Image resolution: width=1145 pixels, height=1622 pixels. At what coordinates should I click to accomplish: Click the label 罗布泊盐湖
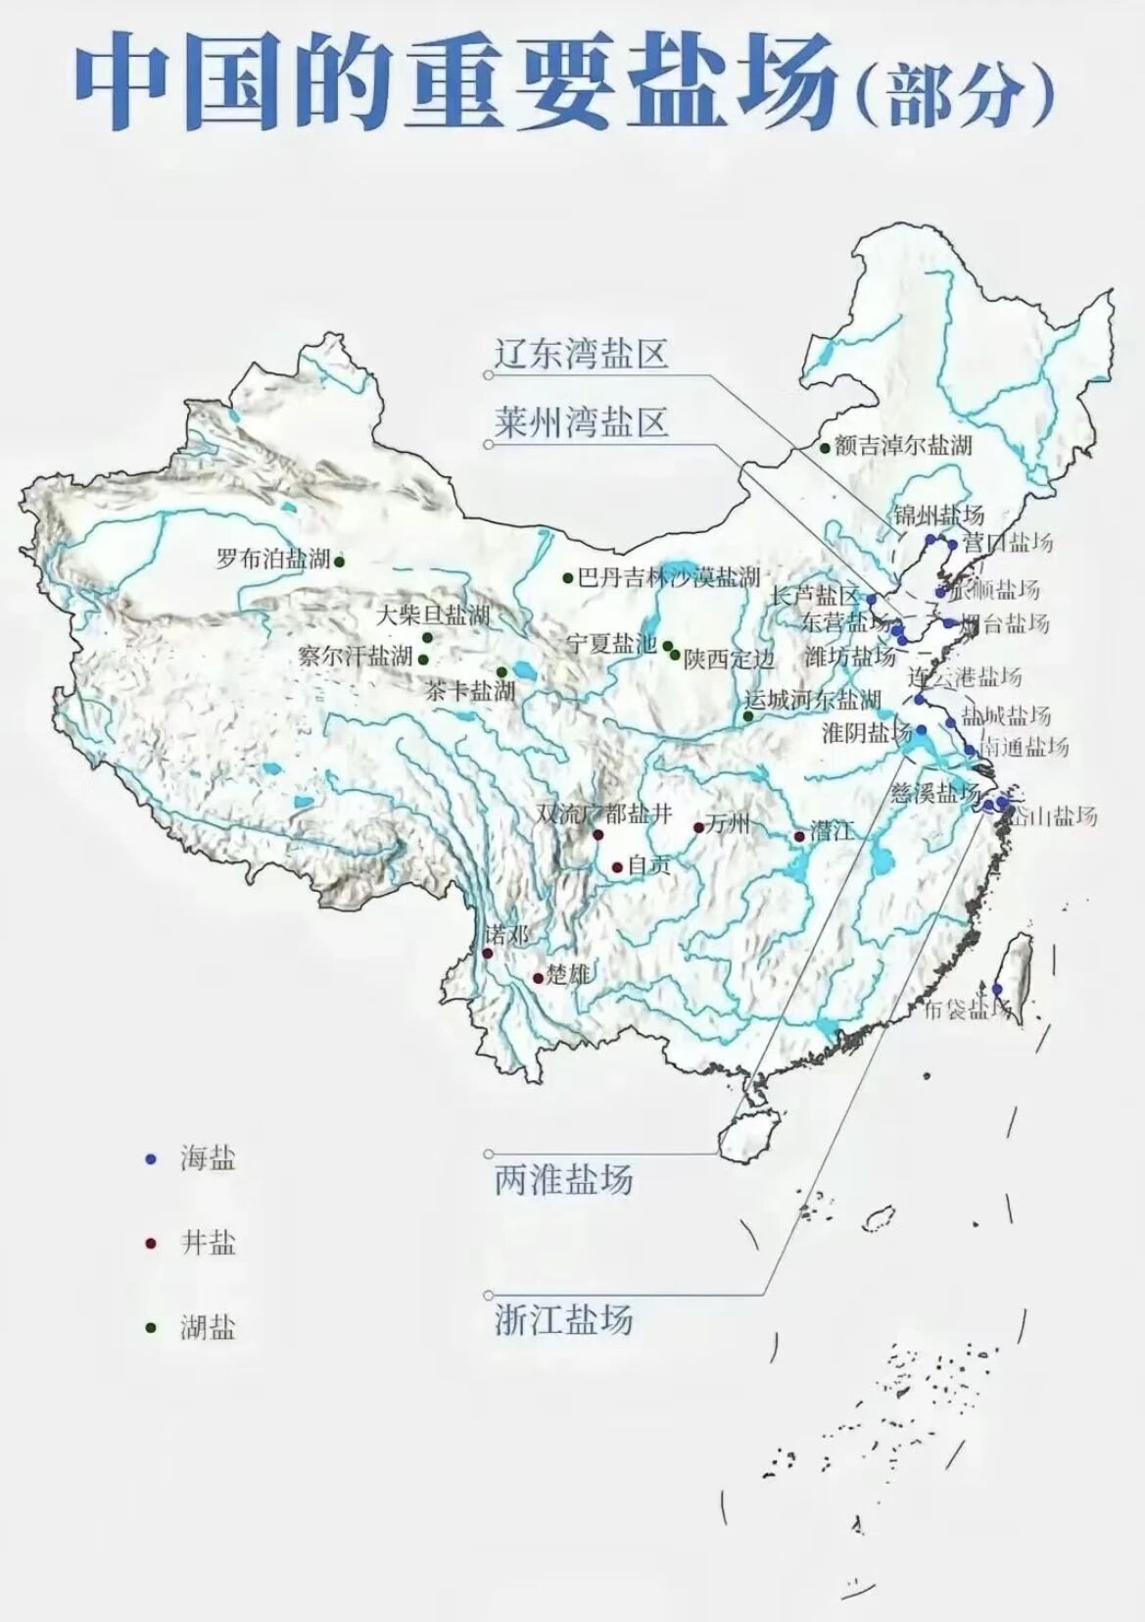(x=273, y=560)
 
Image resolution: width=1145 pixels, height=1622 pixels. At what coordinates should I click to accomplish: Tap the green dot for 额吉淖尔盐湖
(x=825, y=448)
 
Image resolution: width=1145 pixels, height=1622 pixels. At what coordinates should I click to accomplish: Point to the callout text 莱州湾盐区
(x=581, y=422)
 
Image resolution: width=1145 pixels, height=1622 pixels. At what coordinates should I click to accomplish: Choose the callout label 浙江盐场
(x=563, y=1319)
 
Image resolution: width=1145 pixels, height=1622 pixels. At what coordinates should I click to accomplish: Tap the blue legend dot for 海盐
(x=150, y=1159)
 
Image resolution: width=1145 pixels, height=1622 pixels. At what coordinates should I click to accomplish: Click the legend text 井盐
(x=208, y=1244)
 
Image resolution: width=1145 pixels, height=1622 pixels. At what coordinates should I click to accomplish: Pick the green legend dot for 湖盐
(x=150, y=1328)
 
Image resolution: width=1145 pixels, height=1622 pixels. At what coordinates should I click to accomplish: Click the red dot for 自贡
(x=617, y=867)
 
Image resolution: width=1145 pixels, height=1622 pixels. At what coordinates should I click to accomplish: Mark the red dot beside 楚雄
(x=538, y=978)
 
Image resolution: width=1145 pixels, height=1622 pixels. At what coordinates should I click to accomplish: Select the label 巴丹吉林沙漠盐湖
(x=668, y=577)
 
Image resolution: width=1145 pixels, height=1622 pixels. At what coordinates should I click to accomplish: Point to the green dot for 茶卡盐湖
(x=501, y=672)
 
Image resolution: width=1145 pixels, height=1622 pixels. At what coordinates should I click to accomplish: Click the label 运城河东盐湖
(x=813, y=701)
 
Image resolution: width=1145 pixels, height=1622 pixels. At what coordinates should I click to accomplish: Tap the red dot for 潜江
(x=799, y=836)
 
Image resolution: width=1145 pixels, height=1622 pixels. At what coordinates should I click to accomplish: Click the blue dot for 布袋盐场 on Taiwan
(x=997, y=989)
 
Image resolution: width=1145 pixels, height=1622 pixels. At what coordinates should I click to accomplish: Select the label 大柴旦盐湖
(x=433, y=615)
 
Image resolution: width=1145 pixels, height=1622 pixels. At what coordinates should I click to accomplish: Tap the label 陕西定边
(x=729, y=659)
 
